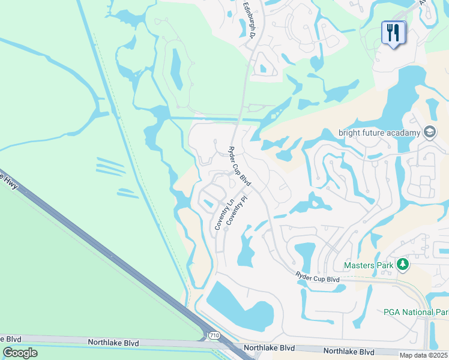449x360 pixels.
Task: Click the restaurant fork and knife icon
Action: (x=393, y=33)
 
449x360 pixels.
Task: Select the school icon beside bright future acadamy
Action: (x=430, y=131)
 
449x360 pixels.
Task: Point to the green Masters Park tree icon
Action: (x=405, y=265)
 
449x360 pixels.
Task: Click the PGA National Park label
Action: (x=415, y=312)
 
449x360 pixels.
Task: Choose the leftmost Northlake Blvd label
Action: (x=113, y=343)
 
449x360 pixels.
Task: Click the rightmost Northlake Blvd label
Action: (x=349, y=351)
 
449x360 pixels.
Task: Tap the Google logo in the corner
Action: (x=20, y=353)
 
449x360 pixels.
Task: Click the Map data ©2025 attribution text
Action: (x=424, y=355)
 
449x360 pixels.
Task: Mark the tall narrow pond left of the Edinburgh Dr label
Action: (x=177, y=69)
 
